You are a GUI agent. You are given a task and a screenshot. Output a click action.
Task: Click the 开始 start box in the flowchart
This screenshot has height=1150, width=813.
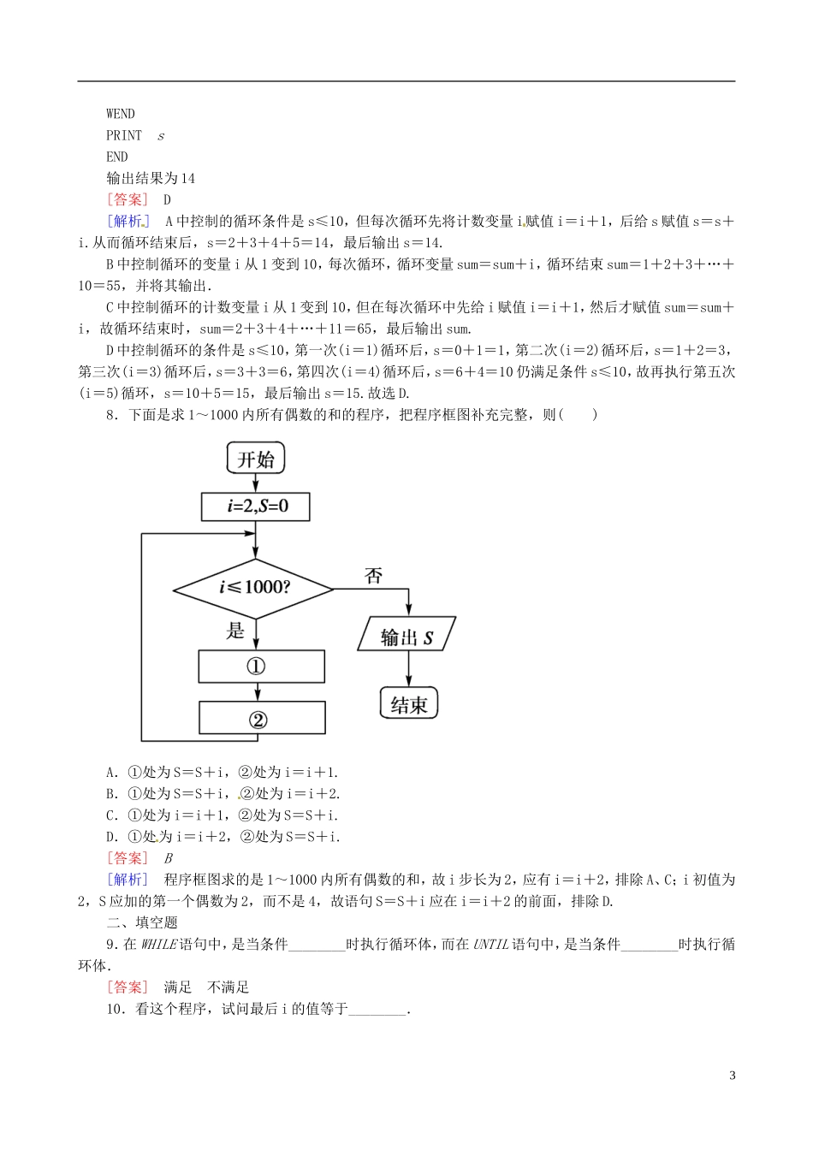[256, 459]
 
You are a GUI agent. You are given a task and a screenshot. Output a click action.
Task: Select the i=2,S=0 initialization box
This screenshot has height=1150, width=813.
[256, 507]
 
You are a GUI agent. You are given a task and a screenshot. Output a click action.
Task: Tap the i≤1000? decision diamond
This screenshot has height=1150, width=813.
[253, 588]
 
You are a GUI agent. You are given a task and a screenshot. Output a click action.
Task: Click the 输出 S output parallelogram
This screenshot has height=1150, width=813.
[406, 637]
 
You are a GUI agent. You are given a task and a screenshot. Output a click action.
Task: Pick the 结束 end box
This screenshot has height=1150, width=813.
[408, 704]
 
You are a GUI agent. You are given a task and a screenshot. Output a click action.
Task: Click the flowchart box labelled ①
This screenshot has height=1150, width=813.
[261, 667]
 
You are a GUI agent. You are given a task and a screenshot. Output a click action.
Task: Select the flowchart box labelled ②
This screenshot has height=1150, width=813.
[262, 719]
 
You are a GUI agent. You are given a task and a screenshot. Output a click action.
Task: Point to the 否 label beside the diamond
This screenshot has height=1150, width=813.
[374, 576]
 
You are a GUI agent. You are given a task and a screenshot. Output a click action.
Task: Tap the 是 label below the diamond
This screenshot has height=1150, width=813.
[235, 631]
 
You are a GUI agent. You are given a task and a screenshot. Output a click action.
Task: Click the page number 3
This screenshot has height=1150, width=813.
[732, 1076]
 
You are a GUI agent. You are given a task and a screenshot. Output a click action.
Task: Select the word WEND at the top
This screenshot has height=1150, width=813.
[121, 114]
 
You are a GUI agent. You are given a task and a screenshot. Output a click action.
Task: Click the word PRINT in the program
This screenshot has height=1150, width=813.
[124, 135]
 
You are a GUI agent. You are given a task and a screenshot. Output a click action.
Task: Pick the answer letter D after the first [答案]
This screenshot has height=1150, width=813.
[168, 200]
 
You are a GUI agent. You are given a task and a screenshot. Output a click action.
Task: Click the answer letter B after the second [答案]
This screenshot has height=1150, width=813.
[169, 858]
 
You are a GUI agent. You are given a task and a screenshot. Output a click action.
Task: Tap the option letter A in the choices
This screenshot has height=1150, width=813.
[110, 772]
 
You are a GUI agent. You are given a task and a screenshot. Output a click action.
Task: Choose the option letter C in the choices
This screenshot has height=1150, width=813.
[110, 815]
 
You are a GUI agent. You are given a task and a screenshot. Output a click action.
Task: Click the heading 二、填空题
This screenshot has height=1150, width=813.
[142, 922]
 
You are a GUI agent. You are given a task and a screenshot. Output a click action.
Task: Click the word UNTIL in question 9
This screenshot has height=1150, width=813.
[490, 945]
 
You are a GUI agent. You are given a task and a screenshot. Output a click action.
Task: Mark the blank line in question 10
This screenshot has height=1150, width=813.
[377, 1010]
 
